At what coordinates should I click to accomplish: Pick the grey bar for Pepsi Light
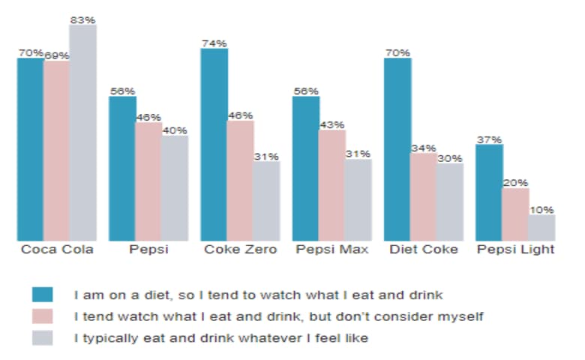pos(541,227)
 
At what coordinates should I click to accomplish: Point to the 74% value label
pos(214,43)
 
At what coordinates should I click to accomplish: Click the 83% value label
pos(82,19)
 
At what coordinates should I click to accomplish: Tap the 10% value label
pos(541,210)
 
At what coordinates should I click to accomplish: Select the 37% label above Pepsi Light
pos(489,139)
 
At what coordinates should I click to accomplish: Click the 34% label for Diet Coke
pos(424,148)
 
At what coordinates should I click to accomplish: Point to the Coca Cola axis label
pos(57,250)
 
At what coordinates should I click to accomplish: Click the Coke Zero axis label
pos(240,250)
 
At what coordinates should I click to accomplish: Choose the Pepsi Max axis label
pos(331,250)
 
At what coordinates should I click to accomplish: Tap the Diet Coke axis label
pos(423,250)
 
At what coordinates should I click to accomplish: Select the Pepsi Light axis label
pos(515,250)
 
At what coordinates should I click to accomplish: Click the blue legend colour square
pos(43,294)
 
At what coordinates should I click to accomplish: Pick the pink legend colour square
pos(43,316)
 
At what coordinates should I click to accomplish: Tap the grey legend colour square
pos(43,337)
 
